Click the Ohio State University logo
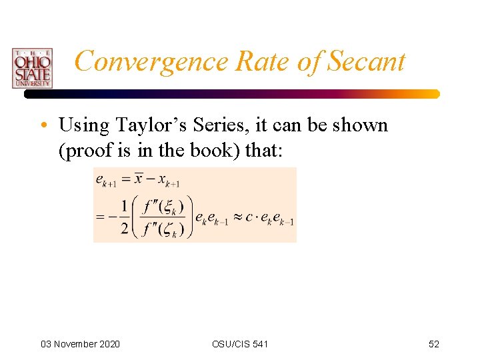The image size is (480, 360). (x=31, y=67)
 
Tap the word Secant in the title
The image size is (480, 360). (x=366, y=61)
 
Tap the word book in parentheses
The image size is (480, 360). (x=213, y=151)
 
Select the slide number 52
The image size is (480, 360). (x=433, y=344)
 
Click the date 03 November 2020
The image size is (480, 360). (x=80, y=344)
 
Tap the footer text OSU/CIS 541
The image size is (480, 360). (x=240, y=344)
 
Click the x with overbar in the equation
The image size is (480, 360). (x=139, y=179)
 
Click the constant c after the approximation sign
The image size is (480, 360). (x=252, y=218)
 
